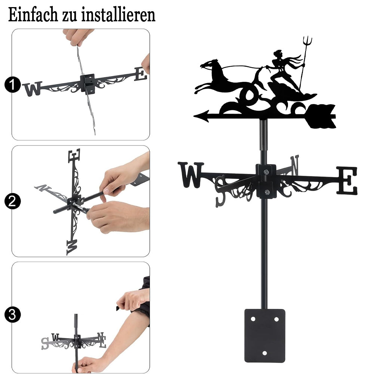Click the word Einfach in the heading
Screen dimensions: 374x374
point(33,15)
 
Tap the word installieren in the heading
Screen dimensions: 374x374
point(118,15)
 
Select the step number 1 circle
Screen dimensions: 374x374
point(12,85)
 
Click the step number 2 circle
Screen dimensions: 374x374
point(12,201)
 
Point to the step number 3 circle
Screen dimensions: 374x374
point(12,315)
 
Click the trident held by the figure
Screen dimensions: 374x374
point(304,62)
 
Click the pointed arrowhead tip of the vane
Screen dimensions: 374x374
point(194,116)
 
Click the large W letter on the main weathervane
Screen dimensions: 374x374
point(191,175)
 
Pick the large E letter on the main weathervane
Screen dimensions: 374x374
point(347,180)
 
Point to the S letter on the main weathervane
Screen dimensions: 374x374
point(220,191)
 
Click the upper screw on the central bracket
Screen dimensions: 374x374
point(266,172)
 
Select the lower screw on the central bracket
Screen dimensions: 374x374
point(267,192)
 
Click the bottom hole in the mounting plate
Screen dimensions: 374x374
point(264,353)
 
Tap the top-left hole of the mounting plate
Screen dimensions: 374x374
point(253,319)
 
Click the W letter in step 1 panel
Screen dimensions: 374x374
point(33,89)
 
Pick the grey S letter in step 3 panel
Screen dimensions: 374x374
point(45,343)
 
